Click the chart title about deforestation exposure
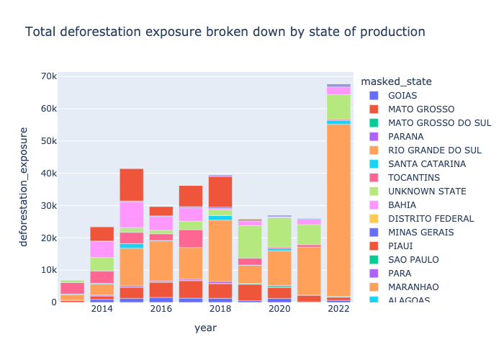point(225,32)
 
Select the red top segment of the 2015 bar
point(132,184)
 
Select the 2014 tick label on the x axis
point(102,309)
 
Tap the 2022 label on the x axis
point(338,309)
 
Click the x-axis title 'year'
point(205,328)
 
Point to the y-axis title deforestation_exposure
point(24,186)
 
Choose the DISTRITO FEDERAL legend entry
point(431,219)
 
